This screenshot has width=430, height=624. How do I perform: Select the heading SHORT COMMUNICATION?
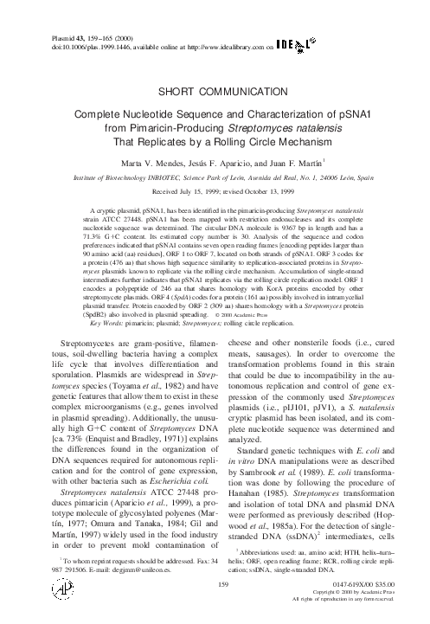click(x=215, y=89)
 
